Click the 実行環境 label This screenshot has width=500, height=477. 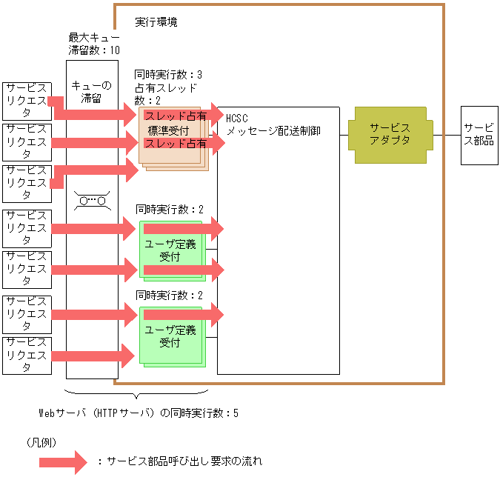[x=156, y=22]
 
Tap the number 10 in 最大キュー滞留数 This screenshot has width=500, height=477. [x=114, y=50]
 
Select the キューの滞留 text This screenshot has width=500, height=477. [x=91, y=92]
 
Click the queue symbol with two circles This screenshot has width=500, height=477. [x=93, y=200]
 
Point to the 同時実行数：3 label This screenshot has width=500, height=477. [x=168, y=75]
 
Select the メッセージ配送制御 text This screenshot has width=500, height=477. [x=273, y=130]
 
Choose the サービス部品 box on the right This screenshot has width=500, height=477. [x=479, y=134]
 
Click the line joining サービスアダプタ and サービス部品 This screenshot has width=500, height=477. [x=445, y=135]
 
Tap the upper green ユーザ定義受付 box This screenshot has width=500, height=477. [x=170, y=250]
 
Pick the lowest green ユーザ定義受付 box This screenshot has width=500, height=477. [x=170, y=337]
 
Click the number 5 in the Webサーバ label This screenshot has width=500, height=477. [x=236, y=413]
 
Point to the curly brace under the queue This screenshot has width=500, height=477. [x=136, y=393]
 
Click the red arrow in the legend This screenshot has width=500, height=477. [x=64, y=461]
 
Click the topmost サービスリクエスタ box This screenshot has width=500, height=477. [x=27, y=101]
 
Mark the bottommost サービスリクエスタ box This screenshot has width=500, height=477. [x=27, y=355]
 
